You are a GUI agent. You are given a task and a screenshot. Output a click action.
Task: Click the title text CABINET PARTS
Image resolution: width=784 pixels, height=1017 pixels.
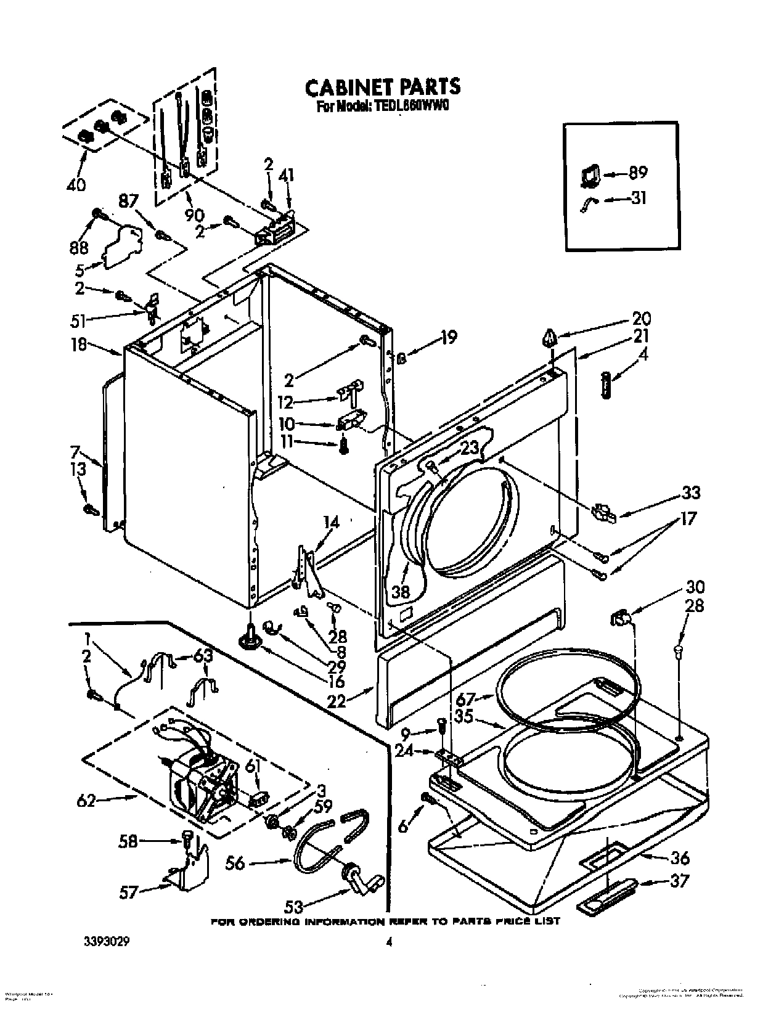pyautogui.click(x=382, y=87)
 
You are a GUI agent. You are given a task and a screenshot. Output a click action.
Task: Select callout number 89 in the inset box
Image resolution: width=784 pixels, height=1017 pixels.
pyautogui.click(x=637, y=174)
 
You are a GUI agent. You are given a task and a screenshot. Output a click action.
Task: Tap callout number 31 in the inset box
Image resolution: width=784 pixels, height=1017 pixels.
pyautogui.click(x=638, y=199)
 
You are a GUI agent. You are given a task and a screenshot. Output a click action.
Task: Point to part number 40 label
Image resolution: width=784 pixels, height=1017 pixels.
pyautogui.click(x=76, y=184)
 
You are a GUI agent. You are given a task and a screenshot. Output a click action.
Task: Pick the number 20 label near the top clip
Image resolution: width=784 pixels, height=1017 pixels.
pyautogui.click(x=641, y=319)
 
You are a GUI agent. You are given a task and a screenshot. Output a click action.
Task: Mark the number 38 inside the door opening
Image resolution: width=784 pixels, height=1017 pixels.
pyautogui.click(x=401, y=592)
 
